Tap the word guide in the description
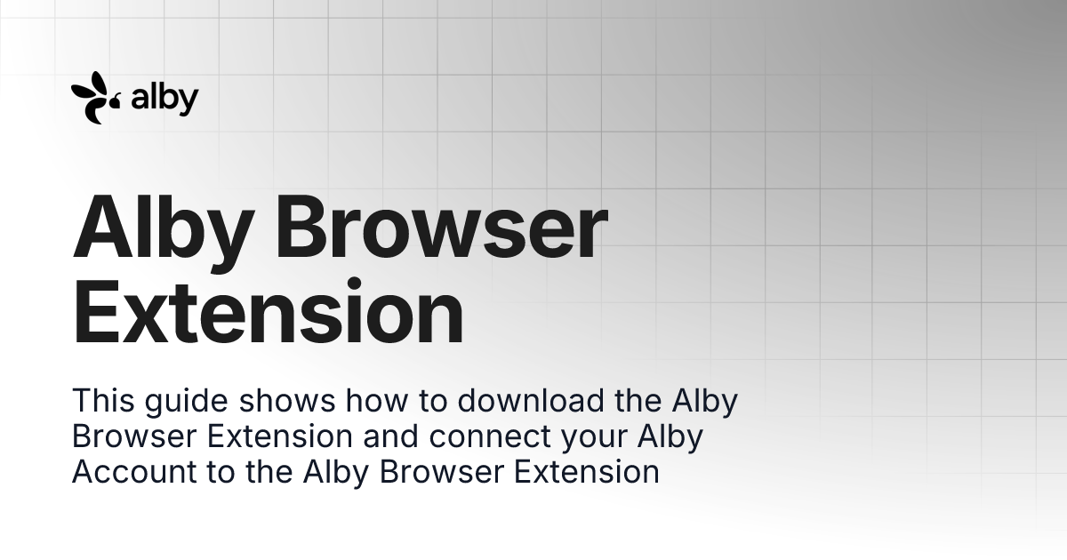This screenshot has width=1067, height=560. pos(186,402)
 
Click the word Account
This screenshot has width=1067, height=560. pos(130,472)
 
